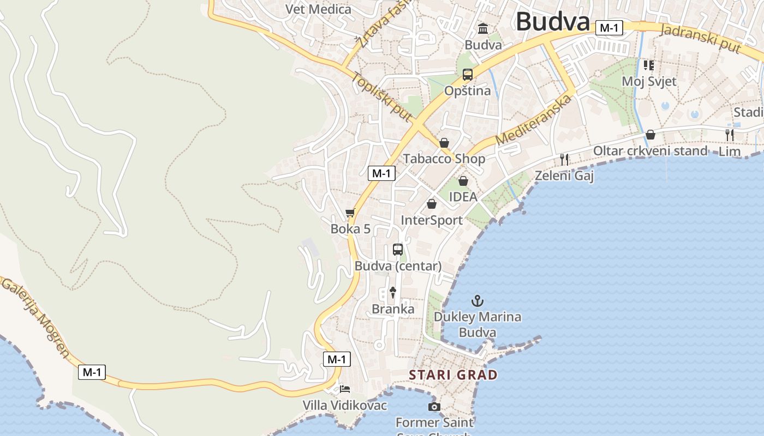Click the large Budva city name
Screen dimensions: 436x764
pyautogui.click(x=552, y=22)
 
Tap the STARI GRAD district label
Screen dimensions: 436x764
pyautogui.click(x=453, y=375)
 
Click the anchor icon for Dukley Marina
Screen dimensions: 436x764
pyautogui.click(x=477, y=300)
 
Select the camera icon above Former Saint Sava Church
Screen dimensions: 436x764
pyautogui.click(x=434, y=407)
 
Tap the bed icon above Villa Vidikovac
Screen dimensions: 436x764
pyautogui.click(x=345, y=389)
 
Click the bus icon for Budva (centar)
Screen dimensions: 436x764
pyautogui.click(x=398, y=250)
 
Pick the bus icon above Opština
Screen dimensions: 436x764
pyautogui.click(x=468, y=75)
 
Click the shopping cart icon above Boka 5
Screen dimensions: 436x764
pyautogui.click(x=350, y=213)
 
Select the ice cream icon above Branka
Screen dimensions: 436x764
pyautogui.click(x=392, y=293)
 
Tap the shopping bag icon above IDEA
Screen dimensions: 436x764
pyautogui.click(x=463, y=180)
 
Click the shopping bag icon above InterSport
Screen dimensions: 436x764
pyautogui.click(x=432, y=204)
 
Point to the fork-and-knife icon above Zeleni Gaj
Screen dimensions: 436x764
pyautogui.click(x=564, y=159)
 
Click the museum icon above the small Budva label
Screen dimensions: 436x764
pyautogui.click(x=483, y=28)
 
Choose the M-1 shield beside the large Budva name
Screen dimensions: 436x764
pyautogui.click(x=609, y=28)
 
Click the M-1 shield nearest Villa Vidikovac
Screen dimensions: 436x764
pyautogui.click(x=337, y=359)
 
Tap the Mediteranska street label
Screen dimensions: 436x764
pyautogui.click(x=535, y=120)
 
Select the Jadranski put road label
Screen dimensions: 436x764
pyautogui.click(x=700, y=38)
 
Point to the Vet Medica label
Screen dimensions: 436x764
pyautogui.click(x=319, y=9)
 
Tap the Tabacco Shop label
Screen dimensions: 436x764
pyautogui.click(x=444, y=159)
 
